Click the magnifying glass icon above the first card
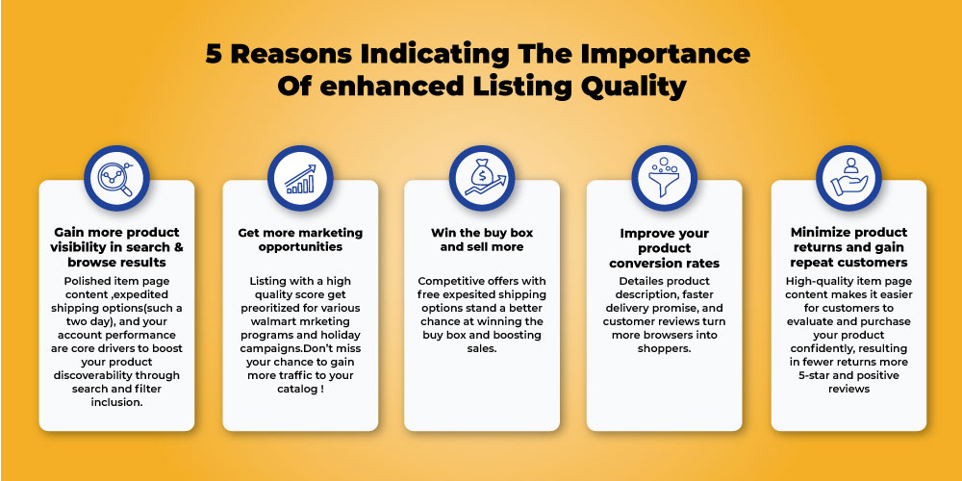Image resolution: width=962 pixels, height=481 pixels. (116, 178)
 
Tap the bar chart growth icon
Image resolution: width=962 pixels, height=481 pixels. (300, 178)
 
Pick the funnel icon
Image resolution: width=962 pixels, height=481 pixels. (664, 178)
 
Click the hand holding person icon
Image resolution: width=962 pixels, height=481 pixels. (849, 178)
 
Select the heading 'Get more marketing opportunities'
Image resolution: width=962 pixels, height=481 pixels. (300, 240)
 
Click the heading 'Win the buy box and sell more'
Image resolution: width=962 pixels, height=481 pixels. (482, 240)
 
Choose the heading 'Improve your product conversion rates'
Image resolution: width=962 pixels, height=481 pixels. (664, 248)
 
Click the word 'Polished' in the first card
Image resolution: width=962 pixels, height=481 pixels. (88, 281)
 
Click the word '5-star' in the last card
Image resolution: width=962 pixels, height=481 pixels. (815, 375)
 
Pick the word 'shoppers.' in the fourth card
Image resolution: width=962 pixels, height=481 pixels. (664, 348)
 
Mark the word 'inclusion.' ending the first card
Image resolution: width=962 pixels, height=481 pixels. (116, 402)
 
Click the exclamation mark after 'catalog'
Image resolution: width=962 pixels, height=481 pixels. (322, 389)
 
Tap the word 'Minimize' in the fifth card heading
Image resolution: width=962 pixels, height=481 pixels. (820, 233)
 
